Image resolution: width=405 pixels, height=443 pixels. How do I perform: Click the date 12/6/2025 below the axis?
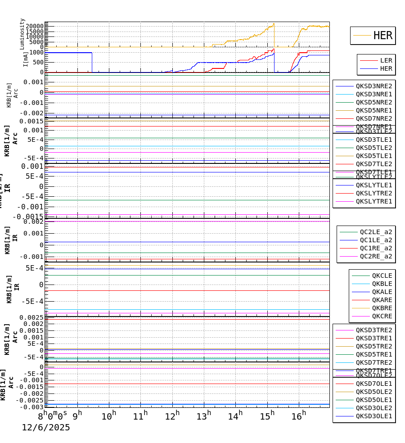[46, 428]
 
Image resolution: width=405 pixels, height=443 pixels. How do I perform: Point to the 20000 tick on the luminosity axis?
[34, 26]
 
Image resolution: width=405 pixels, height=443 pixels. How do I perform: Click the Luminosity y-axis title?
[22, 34]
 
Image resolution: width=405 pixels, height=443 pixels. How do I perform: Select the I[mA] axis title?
[26, 59]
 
